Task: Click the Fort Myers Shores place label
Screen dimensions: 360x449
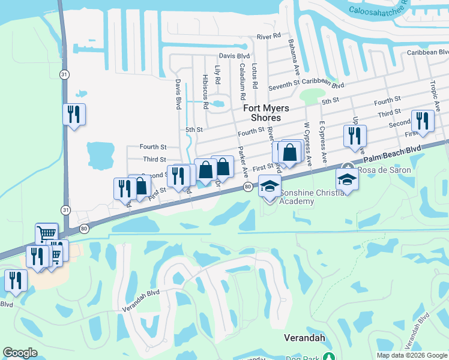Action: [x=266, y=113]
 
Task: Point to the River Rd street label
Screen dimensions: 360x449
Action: [x=269, y=37]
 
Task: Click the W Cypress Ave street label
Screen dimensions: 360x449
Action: [x=308, y=144]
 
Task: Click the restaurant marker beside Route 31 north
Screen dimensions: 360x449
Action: [x=74, y=114]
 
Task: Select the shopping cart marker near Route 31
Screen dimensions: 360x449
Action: [x=46, y=233]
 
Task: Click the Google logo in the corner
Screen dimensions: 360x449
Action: [x=20, y=353]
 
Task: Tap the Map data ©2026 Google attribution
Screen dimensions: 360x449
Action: [x=411, y=355]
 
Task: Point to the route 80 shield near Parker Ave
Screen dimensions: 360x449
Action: [x=247, y=188]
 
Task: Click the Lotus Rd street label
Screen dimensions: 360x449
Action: [x=255, y=74]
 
